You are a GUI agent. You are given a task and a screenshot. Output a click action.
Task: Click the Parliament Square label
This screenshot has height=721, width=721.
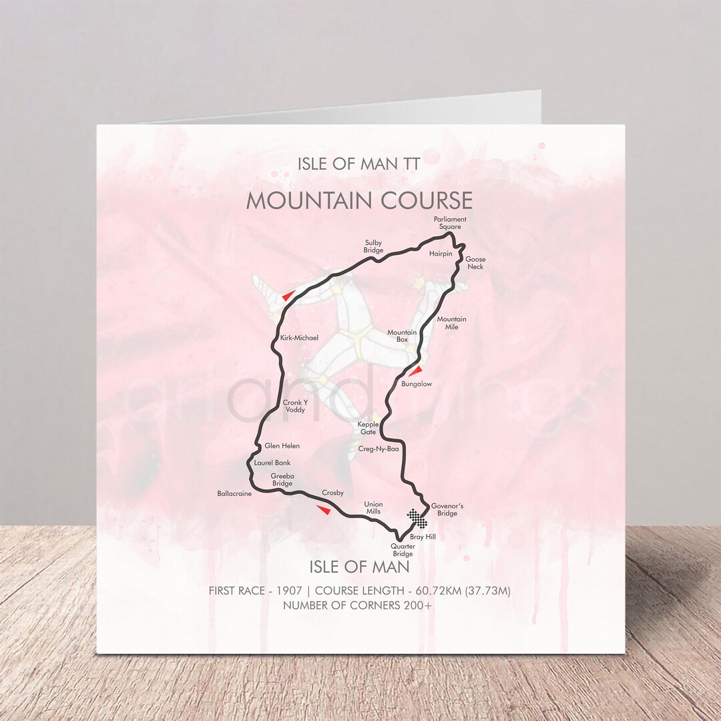[x=449, y=222]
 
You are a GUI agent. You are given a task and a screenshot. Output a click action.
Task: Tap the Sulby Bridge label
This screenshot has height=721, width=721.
[x=373, y=246]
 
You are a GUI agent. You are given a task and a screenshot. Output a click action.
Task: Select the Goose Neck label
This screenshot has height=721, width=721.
[x=475, y=263]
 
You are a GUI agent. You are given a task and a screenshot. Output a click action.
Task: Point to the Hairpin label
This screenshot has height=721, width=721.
[x=441, y=254]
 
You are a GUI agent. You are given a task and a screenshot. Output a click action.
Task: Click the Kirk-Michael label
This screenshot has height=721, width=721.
[x=299, y=338]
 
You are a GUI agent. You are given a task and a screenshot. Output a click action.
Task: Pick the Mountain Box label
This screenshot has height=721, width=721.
[x=402, y=336]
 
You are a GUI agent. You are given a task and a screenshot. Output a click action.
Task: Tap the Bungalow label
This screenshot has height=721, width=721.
[x=417, y=385]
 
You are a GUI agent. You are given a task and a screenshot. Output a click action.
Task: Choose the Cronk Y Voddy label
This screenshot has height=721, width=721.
[x=294, y=406]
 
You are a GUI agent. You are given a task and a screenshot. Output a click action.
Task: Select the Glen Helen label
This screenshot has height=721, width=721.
[x=282, y=446]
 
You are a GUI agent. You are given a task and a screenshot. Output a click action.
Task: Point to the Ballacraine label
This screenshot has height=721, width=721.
[x=234, y=494]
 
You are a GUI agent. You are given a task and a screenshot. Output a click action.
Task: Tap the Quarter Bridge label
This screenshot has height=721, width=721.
[x=403, y=549]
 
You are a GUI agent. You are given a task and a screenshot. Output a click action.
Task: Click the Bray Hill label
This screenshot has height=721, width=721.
[x=423, y=537]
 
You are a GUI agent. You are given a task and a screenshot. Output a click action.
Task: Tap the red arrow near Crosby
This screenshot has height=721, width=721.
[x=323, y=510]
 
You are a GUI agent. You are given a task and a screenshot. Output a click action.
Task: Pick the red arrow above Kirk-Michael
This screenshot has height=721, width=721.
[x=288, y=295]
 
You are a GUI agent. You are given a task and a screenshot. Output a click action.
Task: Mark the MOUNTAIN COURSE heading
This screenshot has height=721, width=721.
[x=359, y=201]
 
